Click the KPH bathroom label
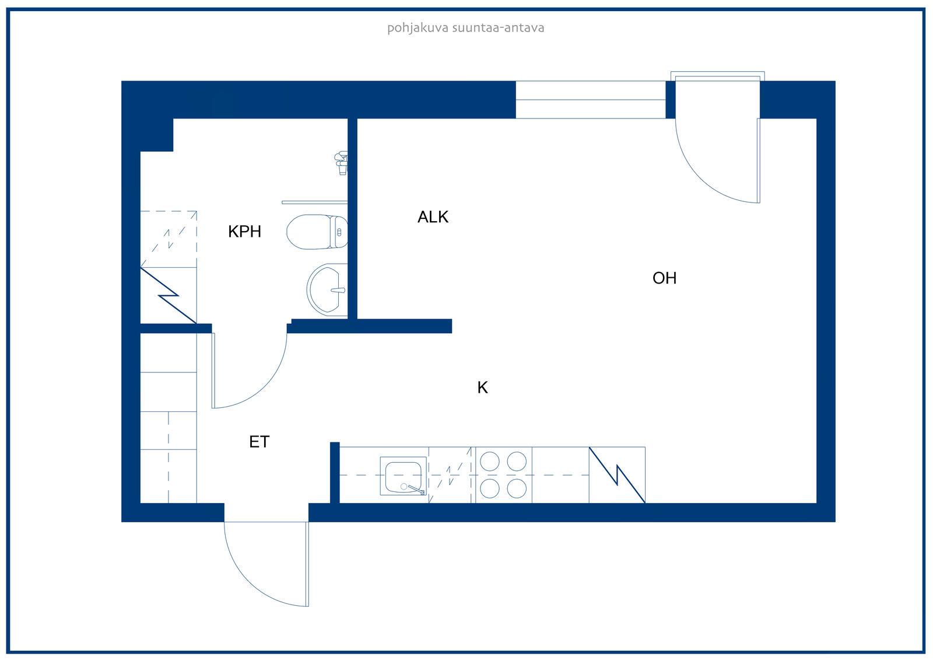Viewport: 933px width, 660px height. click(244, 232)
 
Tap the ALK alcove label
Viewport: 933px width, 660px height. click(433, 217)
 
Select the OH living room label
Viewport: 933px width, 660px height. click(664, 278)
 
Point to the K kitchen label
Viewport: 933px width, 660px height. click(482, 387)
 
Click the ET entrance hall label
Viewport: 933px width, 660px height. click(259, 442)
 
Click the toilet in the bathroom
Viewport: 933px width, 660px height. click(317, 232)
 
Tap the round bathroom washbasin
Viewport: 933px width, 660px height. click(327, 290)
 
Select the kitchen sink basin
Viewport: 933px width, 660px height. click(403, 477)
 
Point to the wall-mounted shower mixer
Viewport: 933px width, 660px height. click(342, 163)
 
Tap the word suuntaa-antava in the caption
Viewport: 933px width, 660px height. click(498, 28)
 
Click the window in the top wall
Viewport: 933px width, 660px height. click(590, 100)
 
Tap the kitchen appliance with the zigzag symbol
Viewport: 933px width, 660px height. click(617, 475)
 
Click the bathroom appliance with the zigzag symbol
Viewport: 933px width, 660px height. click(169, 296)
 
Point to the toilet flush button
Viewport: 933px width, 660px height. click(339, 232)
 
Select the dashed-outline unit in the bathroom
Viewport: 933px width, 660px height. click(169, 239)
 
